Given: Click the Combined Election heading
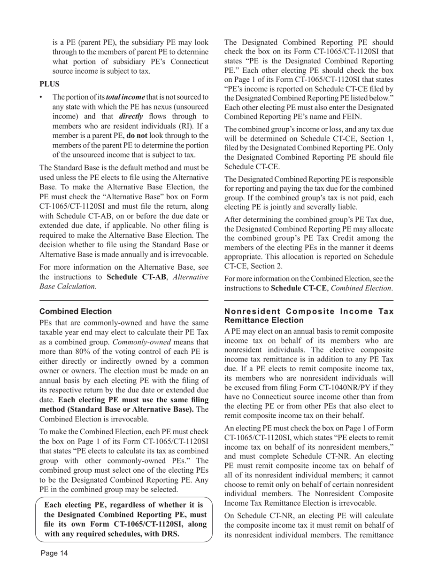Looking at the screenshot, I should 76,312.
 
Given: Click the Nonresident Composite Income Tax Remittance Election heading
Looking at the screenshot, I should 309,316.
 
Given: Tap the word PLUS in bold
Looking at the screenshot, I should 49,84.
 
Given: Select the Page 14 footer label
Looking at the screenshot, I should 54,553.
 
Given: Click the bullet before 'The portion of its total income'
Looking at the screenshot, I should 41,97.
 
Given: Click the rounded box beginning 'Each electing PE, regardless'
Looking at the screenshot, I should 124,520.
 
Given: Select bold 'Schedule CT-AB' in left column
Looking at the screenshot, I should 136,277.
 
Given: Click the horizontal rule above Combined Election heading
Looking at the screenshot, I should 124,300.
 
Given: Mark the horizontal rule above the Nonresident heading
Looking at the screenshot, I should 309,300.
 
